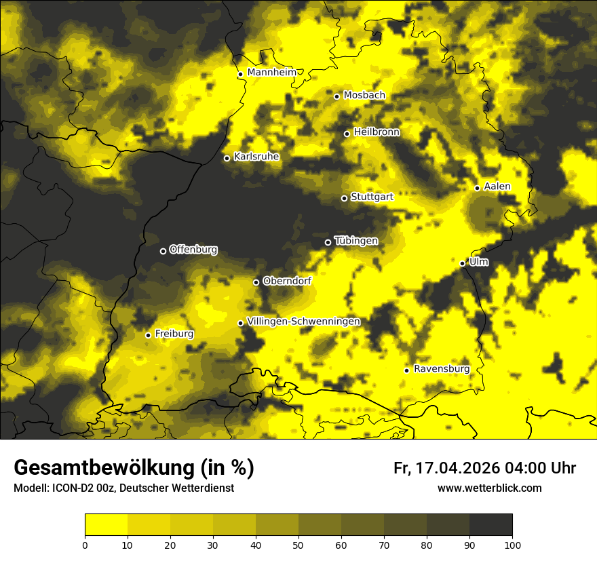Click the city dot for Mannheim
click(x=240, y=75)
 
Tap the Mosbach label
click(x=364, y=96)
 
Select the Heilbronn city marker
click(x=347, y=134)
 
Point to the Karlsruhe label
click(x=256, y=157)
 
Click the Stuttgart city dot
click(x=344, y=198)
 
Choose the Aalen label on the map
click(x=497, y=187)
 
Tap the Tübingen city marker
click(x=328, y=242)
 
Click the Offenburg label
click(x=193, y=250)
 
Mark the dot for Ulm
click(x=462, y=263)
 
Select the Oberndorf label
click(x=287, y=281)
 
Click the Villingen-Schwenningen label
click(x=304, y=322)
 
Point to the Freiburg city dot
click(x=148, y=335)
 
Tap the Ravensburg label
click(x=442, y=369)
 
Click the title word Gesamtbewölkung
click(x=102, y=468)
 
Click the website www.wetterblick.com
click(x=490, y=488)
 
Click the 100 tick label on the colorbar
click(x=512, y=544)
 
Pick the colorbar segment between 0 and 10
click(x=107, y=525)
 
